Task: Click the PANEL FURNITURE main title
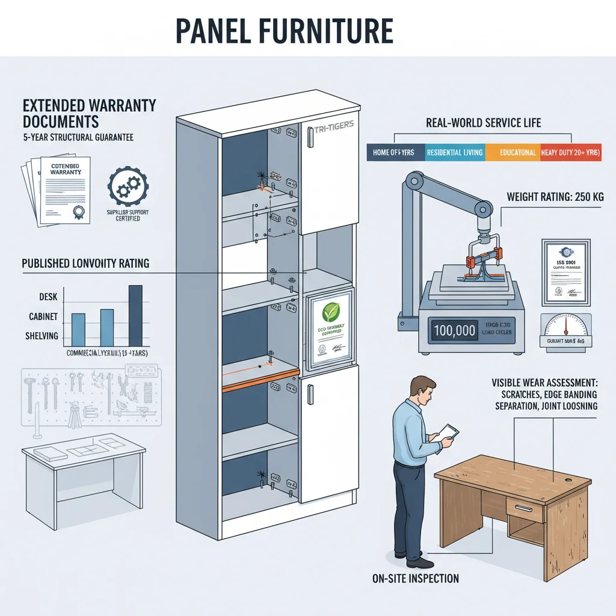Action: (x=284, y=31)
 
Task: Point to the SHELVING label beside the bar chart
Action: (x=41, y=336)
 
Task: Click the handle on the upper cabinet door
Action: (x=310, y=137)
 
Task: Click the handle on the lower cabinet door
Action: (x=310, y=394)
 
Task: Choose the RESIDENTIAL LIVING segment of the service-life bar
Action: (x=454, y=153)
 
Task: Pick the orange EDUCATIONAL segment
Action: (x=511, y=153)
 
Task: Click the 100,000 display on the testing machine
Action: (x=454, y=330)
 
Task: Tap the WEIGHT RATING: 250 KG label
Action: (x=555, y=197)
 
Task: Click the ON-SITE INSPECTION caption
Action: (x=416, y=579)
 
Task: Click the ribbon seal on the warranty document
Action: (x=78, y=211)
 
